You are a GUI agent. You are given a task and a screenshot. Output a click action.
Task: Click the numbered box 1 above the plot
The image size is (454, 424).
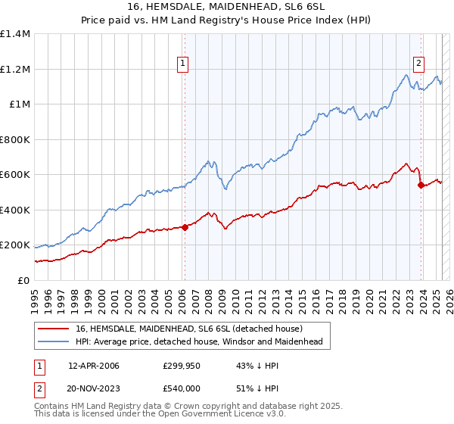tap(184, 64)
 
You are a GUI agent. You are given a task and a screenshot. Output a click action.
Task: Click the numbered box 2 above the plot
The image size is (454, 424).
tap(418, 64)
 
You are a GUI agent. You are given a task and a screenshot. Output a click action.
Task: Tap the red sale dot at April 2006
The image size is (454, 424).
tap(185, 227)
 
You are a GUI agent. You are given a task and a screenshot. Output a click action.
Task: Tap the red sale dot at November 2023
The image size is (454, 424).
tap(421, 185)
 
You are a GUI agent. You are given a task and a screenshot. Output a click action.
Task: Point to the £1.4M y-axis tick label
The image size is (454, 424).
tap(15, 34)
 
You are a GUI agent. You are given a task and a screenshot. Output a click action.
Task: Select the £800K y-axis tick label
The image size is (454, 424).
tap(15, 139)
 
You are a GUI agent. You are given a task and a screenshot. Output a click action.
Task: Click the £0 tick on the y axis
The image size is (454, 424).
tap(24, 280)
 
